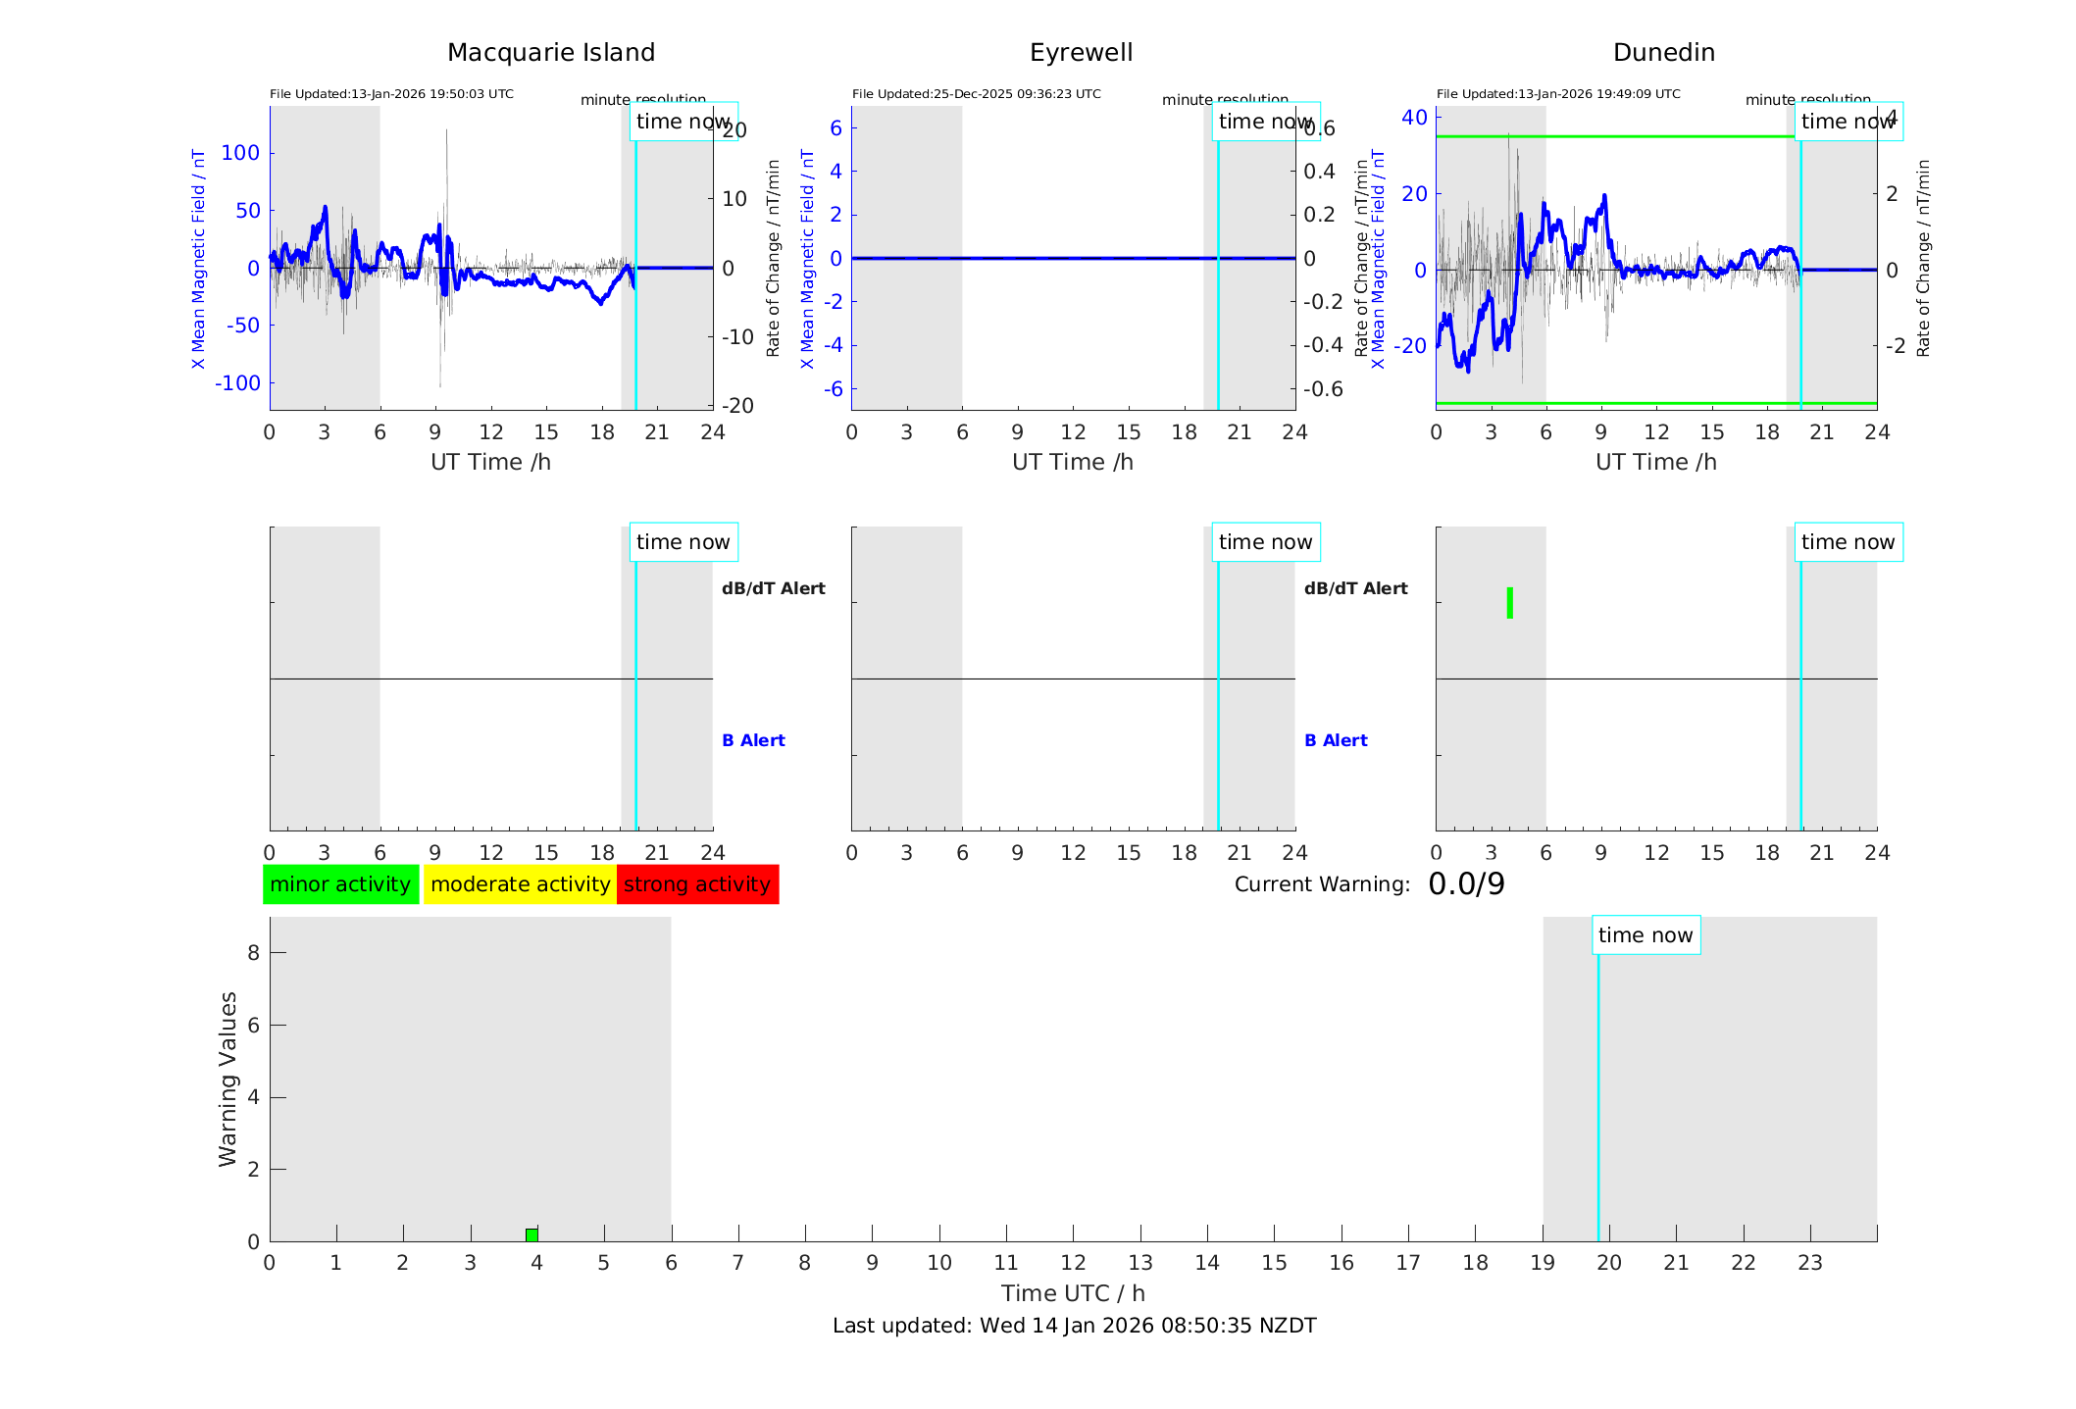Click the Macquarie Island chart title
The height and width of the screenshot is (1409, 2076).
tap(550, 53)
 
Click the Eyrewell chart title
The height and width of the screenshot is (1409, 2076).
tap(1081, 53)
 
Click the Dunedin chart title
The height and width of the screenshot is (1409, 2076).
tap(1663, 53)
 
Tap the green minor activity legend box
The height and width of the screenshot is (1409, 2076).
tap(340, 884)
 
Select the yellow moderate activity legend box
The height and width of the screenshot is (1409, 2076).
tap(520, 884)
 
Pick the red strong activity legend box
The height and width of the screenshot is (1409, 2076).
tap(697, 884)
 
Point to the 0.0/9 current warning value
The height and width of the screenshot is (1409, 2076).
tap(1466, 884)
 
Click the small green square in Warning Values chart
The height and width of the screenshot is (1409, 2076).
tap(532, 1234)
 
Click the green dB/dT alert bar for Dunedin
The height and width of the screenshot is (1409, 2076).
tap(1510, 603)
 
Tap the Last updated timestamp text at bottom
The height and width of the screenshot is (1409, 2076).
tap(1074, 1326)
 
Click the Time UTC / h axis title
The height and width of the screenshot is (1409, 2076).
tap(1073, 1293)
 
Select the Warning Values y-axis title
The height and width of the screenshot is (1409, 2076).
tap(228, 1079)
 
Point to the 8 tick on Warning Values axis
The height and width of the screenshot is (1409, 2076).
tap(253, 952)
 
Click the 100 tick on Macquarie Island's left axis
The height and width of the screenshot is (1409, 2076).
tap(240, 153)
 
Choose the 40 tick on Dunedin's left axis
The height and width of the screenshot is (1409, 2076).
tap(1414, 118)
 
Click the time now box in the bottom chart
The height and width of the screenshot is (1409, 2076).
tap(1646, 935)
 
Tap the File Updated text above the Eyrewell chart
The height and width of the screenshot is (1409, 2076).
tap(976, 94)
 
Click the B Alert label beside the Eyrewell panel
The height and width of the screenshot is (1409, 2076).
tap(1336, 740)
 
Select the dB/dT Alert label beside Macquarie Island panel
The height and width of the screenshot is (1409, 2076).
tap(774, 588)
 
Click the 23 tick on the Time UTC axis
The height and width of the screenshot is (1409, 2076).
tap(1810, 1263)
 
